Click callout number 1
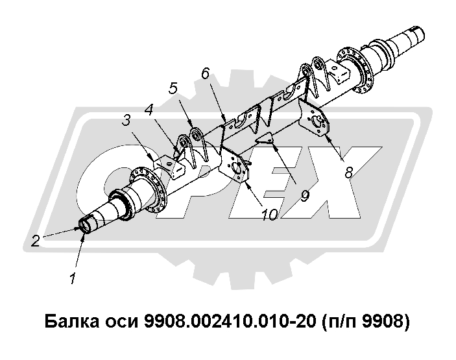pyautogui.click(x=73, y=278)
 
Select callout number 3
pyautogui.click(x=126, y=120)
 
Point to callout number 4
pyautogui.click(x=149, y=110)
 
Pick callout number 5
pyautogui.click(x=173, y=88)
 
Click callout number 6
pyautogui.click(x=206, y=73)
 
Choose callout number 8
pyautogui.click(x=348, y=173)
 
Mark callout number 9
pyautogui.click(x=304, y=197)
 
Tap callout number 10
pyautogui.click(x=270, y=215)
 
